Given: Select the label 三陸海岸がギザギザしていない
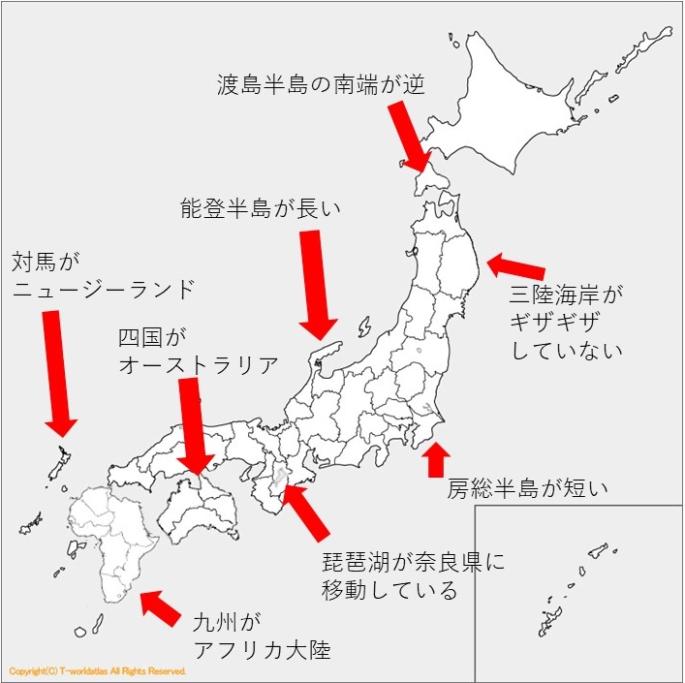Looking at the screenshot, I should (567, 320).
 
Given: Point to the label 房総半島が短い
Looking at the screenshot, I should (527, 487).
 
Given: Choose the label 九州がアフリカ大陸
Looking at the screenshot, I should (262, 635).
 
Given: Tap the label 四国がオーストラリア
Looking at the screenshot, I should (198, 351).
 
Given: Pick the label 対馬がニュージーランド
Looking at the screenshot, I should (102, 275).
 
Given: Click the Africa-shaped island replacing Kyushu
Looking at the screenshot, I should (116, 543).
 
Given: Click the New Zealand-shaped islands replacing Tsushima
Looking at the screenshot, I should (60, 464).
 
